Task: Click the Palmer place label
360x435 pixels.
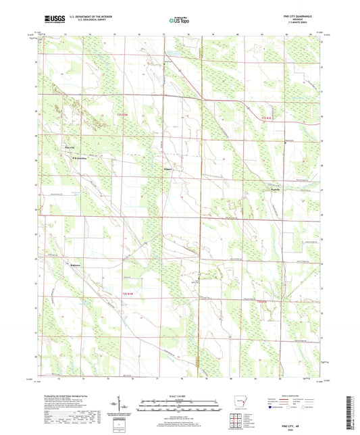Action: (169, 169)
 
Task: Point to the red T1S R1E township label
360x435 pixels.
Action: (269, 120)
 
